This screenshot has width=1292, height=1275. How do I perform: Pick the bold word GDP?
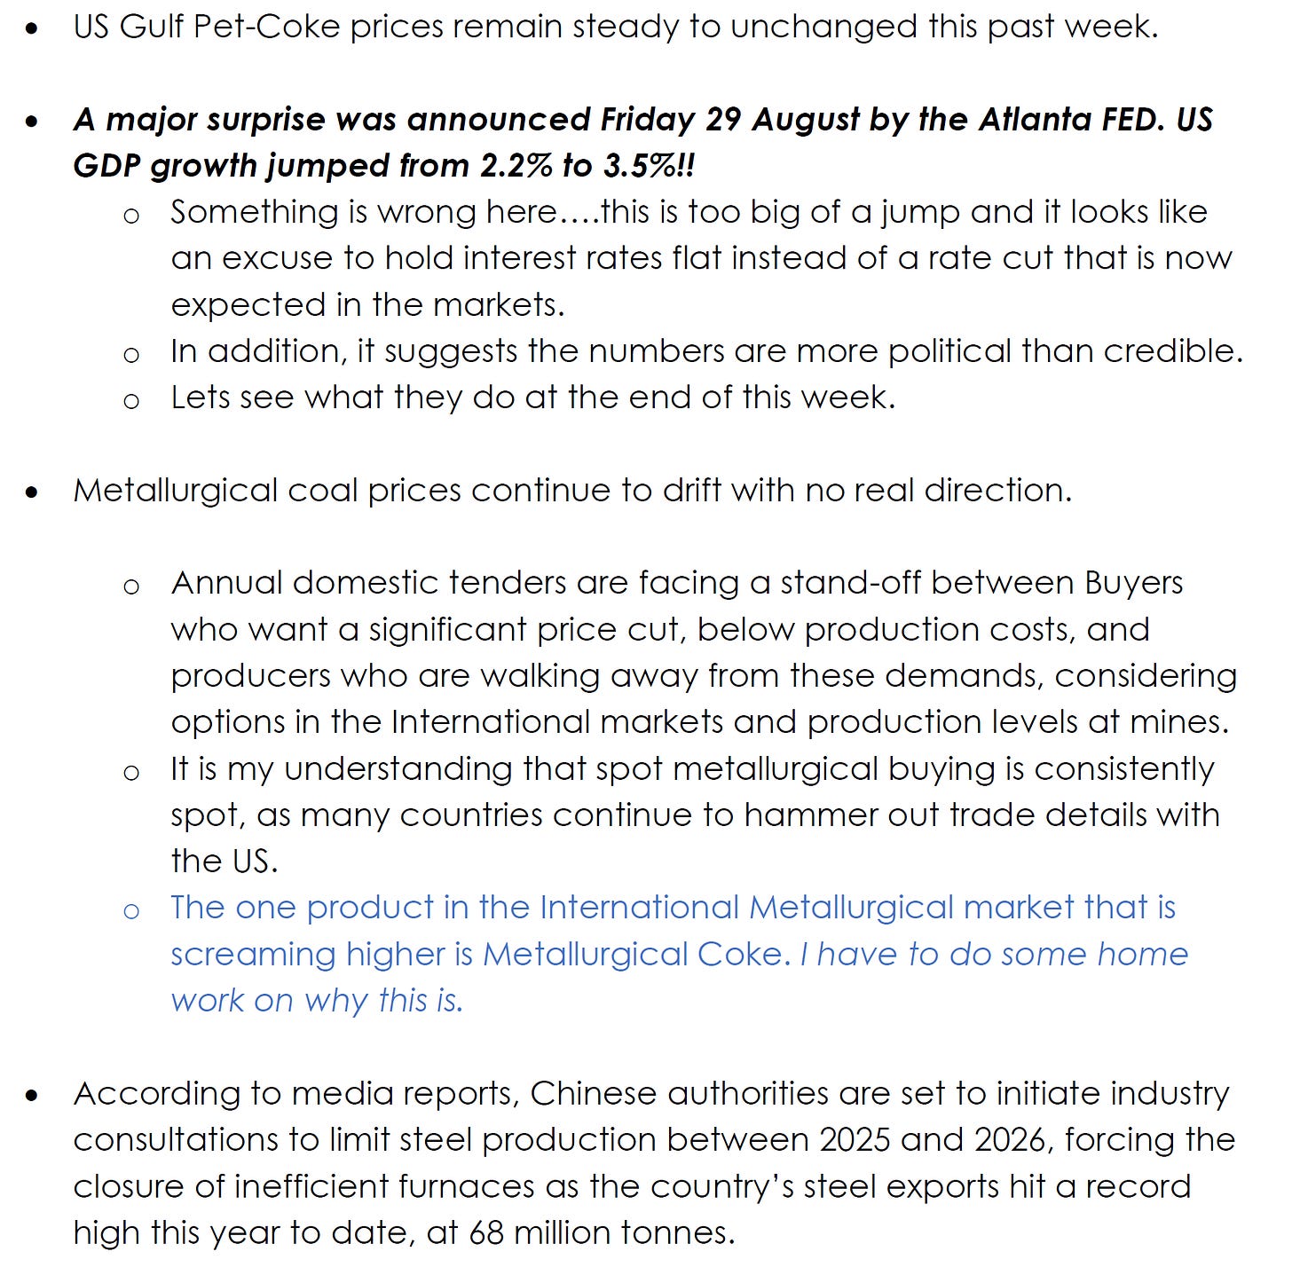(x=107, y=166)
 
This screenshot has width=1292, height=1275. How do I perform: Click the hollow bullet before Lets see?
(x=131, y=401)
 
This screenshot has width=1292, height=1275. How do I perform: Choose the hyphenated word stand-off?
(x=851, y=583)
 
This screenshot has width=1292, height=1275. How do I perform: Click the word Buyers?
(x=1133, y=583)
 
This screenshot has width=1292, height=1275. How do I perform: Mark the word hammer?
(x=793, y=815)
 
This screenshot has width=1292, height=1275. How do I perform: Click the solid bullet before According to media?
(x=33, y=1096)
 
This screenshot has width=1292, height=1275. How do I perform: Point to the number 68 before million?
(x=486, y=1233)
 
